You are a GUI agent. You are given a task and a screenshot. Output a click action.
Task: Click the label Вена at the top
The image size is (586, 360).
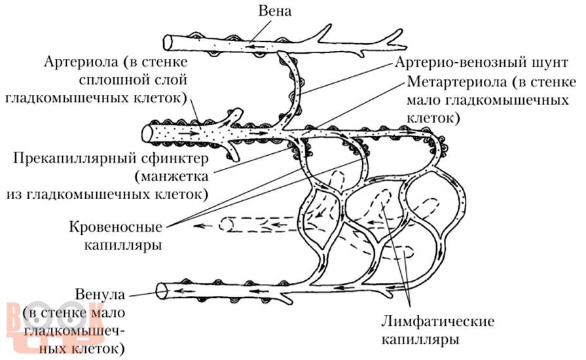[274, 11]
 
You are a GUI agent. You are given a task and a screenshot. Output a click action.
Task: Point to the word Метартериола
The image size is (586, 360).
[457, 81]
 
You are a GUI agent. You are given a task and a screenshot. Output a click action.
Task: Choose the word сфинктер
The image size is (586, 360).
[173, 158]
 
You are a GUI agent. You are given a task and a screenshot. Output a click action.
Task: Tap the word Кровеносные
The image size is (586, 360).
[115, 227]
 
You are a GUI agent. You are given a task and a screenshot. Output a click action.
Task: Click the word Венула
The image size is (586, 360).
[100, 295]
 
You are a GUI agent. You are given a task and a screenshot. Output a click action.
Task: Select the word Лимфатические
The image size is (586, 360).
[437, 321]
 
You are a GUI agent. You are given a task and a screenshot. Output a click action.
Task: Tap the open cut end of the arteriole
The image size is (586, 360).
[146, 134]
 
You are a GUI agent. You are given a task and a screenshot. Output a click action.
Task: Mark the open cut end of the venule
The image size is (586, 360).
[162, 291]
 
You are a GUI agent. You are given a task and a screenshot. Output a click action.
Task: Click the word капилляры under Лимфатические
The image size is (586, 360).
[420, 340]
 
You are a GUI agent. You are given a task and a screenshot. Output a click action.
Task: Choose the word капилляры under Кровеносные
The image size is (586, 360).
[123, 245]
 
